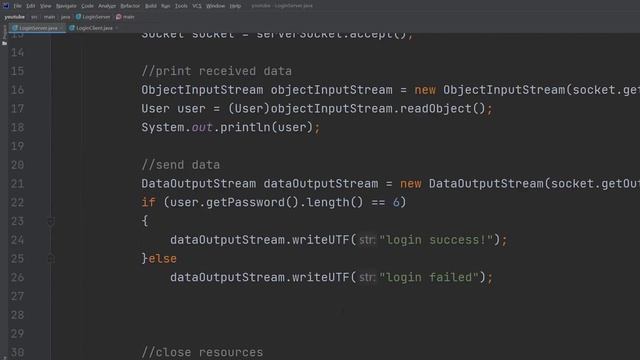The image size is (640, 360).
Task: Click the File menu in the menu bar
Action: point(18,6)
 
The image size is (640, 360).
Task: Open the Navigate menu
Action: point(66,6)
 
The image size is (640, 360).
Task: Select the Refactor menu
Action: point(130,6)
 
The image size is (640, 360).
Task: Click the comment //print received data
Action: point(216,71)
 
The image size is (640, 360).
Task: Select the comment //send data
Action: point(181,165)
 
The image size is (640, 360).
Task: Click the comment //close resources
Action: point(202,352)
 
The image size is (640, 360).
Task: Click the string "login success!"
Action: point(437,240)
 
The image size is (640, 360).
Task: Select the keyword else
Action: point(163,259)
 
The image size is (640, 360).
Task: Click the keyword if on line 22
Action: point(148,202)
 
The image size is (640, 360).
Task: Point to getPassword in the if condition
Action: point(241,202)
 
